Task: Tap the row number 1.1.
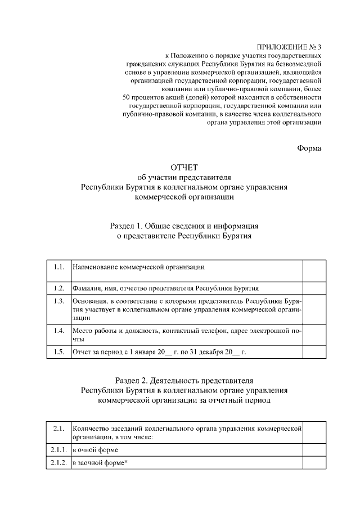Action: (58, 266)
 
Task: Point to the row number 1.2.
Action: (58, 289)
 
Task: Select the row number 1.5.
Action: (58, 353)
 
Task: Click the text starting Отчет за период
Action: (159, 353)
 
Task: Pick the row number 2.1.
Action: (58, 429)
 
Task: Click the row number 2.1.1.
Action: (58, 451)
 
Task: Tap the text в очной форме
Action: (95, 451)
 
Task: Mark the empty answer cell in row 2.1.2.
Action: (314, 463)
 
